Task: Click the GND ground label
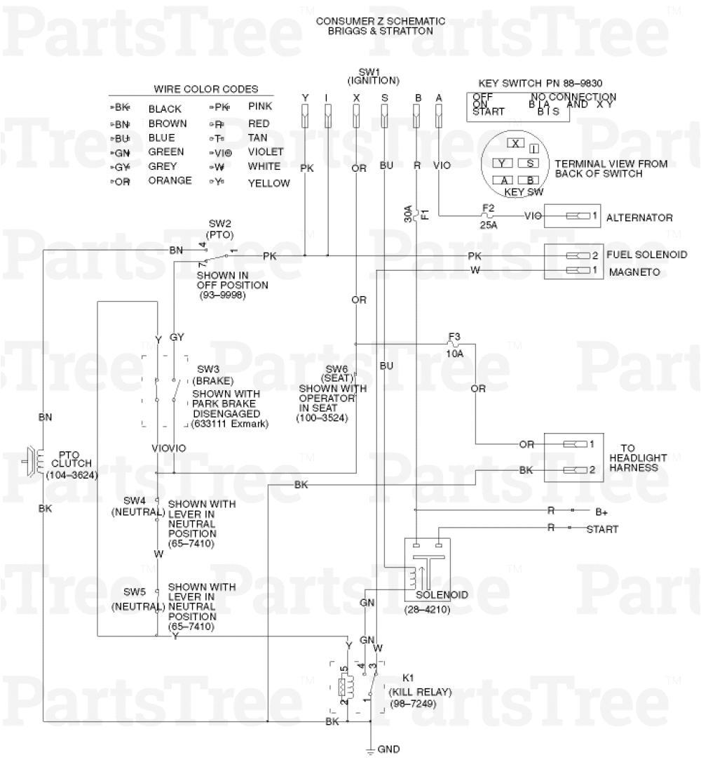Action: coord(388,749)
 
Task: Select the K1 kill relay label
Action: coord(409,679)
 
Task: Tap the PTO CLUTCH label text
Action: coord(70,455)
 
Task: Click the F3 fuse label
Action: coord(454,336)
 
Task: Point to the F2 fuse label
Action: coord(489,208)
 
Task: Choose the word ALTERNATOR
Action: coord(639,218)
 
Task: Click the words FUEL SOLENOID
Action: coord(646,255)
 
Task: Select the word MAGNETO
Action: coord(634,272)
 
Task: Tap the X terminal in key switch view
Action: coord(516,143)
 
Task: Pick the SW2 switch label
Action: coord(219,223)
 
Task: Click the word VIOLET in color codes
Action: coord(266,152)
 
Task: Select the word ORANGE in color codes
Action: coord(170,180)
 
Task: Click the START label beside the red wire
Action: coord(602,529)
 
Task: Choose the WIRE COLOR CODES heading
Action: coord(205,89)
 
